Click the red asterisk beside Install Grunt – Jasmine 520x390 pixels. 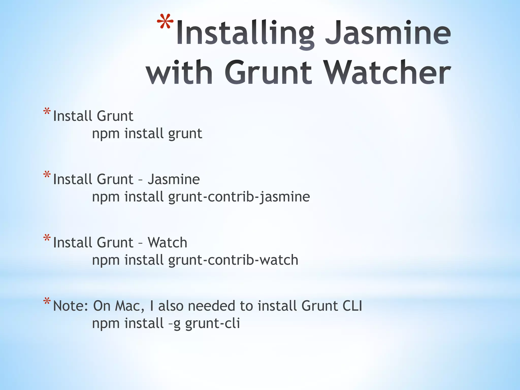click(47, 175)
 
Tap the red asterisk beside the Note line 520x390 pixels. click(47, 302)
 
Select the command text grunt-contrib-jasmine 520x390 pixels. click(239, 197)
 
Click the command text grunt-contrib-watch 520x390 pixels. click(233, 260)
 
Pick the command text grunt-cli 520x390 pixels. click(213, 323)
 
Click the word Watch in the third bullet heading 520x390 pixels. click(168, 242)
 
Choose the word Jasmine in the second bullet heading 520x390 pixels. click(174, 179)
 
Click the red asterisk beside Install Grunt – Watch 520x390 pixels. click(47, 238)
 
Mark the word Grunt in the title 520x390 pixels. click(268, 72)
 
